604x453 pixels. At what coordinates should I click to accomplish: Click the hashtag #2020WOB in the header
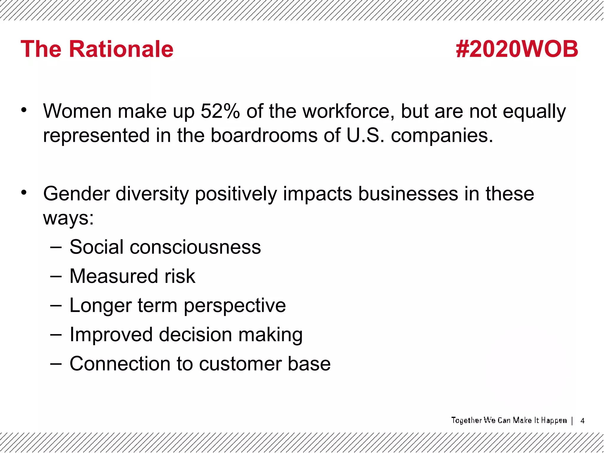(x=517, y=49)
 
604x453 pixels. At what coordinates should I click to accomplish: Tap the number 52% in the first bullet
(x=220, y=111)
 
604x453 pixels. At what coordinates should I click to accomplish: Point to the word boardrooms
(x=264, y=136)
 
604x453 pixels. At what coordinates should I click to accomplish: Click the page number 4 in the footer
(x=582, y=421)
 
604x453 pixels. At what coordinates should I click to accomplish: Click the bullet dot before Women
(x=24, y=110)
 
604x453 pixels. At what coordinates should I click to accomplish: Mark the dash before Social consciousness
(x=56, y=247)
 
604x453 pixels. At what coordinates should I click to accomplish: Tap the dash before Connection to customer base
(x=56, y=364)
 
